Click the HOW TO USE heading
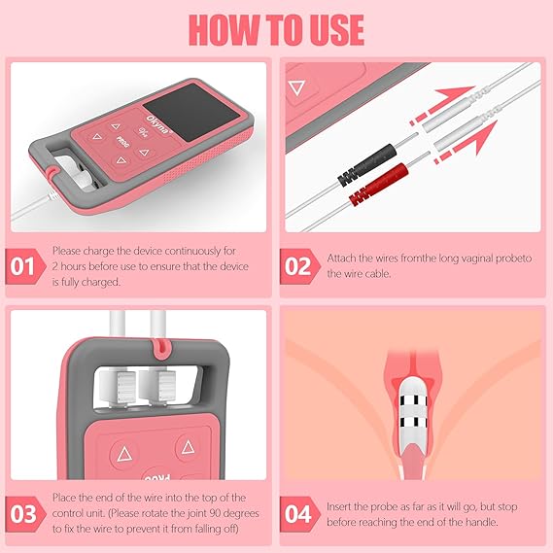(x=276, y=30)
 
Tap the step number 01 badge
(x=24, y=266)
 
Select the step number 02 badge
(x=299, y=266)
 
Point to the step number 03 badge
(x=24, y=514)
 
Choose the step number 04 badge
(x=299, y=514)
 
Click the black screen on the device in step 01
(x=192, y=112)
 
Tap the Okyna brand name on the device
(x=157, y=124)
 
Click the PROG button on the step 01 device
(x=123, y=142)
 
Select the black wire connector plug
(x=367, y=164)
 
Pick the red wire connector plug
(x=378, y=185)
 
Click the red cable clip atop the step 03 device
(x=161, y=346)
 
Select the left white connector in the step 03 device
(x=119, y=387)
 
